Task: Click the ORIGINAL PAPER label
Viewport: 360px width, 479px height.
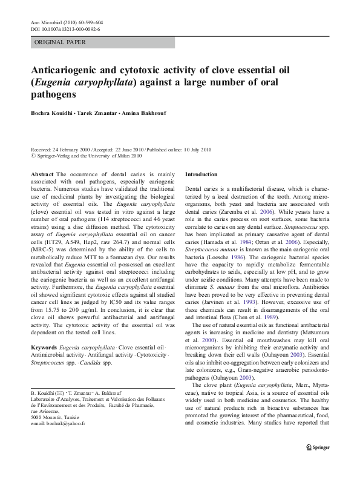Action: (60, 42)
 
